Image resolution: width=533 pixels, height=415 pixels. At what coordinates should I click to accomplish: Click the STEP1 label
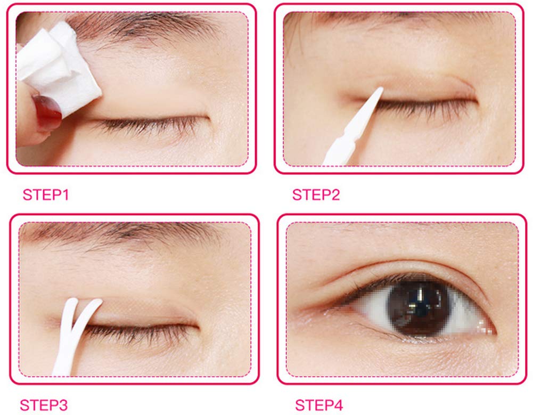pos(46,195)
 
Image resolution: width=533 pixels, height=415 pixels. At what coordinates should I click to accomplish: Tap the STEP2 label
pos(316,195)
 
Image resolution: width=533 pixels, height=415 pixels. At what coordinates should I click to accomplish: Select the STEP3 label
pos(44,405)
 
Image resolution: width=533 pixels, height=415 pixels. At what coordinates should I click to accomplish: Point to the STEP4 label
pos(319,405)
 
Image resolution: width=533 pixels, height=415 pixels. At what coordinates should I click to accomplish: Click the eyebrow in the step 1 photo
pos(143,27)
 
